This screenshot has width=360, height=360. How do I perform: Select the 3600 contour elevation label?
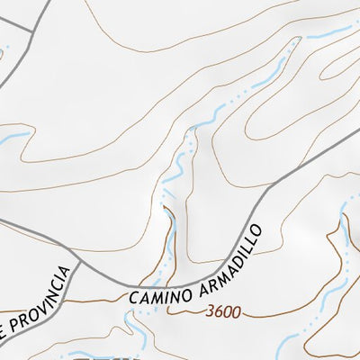coord(222,312)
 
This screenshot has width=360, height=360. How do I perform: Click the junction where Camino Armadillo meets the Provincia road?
coord(79,265)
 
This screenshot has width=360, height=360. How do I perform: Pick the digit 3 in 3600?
coord(210,312)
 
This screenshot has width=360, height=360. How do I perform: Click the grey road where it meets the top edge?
coord(44,3)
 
